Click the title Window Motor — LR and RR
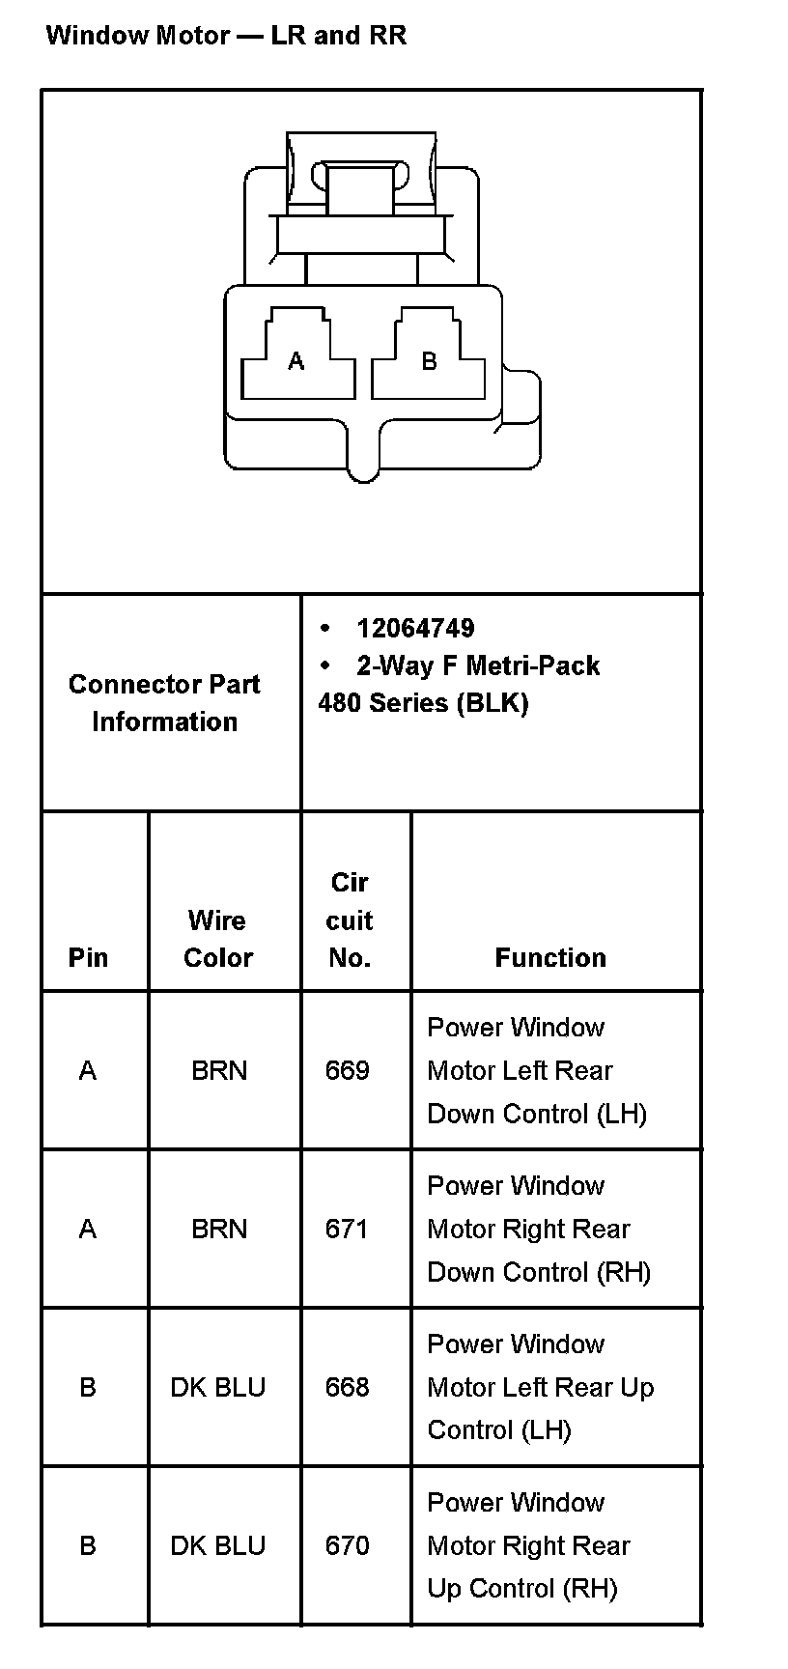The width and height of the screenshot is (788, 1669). [226, 36]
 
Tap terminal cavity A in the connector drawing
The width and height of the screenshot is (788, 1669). [296, 360]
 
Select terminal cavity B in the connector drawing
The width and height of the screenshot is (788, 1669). [429, 360]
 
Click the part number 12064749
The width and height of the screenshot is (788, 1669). [415, 629]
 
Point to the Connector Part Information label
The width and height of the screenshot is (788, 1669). [164, 703]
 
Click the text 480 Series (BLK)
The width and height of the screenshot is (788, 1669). [423, 703]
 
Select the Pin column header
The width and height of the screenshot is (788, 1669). [88, 957]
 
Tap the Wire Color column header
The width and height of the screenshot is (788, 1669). [218, 939]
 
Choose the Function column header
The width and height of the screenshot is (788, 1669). [550, 957]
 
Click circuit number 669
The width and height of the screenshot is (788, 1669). [348, 1070]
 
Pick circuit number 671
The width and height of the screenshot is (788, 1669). [346, 1229]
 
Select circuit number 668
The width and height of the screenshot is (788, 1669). [348, 1387]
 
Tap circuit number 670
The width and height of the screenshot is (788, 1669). [348, 1545]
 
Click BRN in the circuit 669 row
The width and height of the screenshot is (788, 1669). [219, 1070]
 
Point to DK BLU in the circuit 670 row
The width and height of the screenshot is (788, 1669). [218, 1545]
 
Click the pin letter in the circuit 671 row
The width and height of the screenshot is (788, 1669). [88, 1229]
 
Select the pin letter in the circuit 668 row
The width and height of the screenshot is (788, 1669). [88, 1387]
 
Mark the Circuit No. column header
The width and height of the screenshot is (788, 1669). [350, 919]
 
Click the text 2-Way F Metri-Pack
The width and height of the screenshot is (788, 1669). [478, 665]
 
